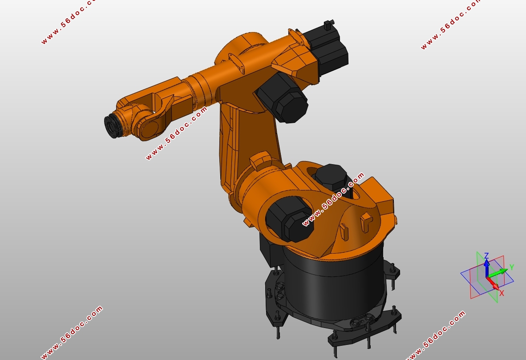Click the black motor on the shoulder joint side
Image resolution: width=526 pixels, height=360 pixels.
pyautogui.click(x=289, y=219)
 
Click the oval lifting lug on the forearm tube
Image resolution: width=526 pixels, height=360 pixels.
pyautogui.click(x=236, y=62)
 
